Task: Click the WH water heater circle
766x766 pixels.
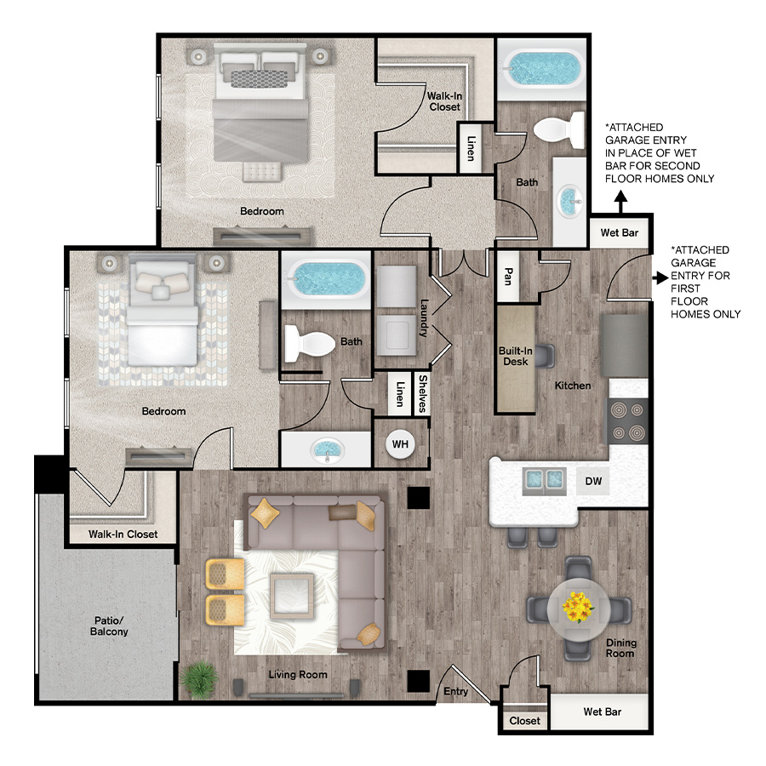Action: tap(400, 444)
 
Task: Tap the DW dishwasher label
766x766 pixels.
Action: tap(593, 481)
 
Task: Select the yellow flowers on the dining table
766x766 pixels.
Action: tap(578, 607)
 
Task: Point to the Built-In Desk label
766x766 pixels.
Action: tap(516, 356)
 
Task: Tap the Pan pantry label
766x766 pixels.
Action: tap(508, 276)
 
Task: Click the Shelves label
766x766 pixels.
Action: tap(423, 394)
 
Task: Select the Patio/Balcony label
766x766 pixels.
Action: tap(109, 626)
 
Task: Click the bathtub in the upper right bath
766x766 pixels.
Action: tap(542, 69)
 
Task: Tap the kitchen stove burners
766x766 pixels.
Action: tap(628, 421)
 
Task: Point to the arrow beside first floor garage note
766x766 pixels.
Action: tap(661, 278)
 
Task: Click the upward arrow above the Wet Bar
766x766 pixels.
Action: tap(620, 202)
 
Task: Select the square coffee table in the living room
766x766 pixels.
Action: tap(292, 596)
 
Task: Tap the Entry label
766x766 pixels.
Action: tap(456, 691)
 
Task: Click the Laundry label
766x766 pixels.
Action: tap(424, 318)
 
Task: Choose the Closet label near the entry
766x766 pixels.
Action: tap(524, 721)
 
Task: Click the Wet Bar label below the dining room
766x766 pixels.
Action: tap(603, 712)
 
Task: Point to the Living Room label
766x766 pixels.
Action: tap(298, 675)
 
